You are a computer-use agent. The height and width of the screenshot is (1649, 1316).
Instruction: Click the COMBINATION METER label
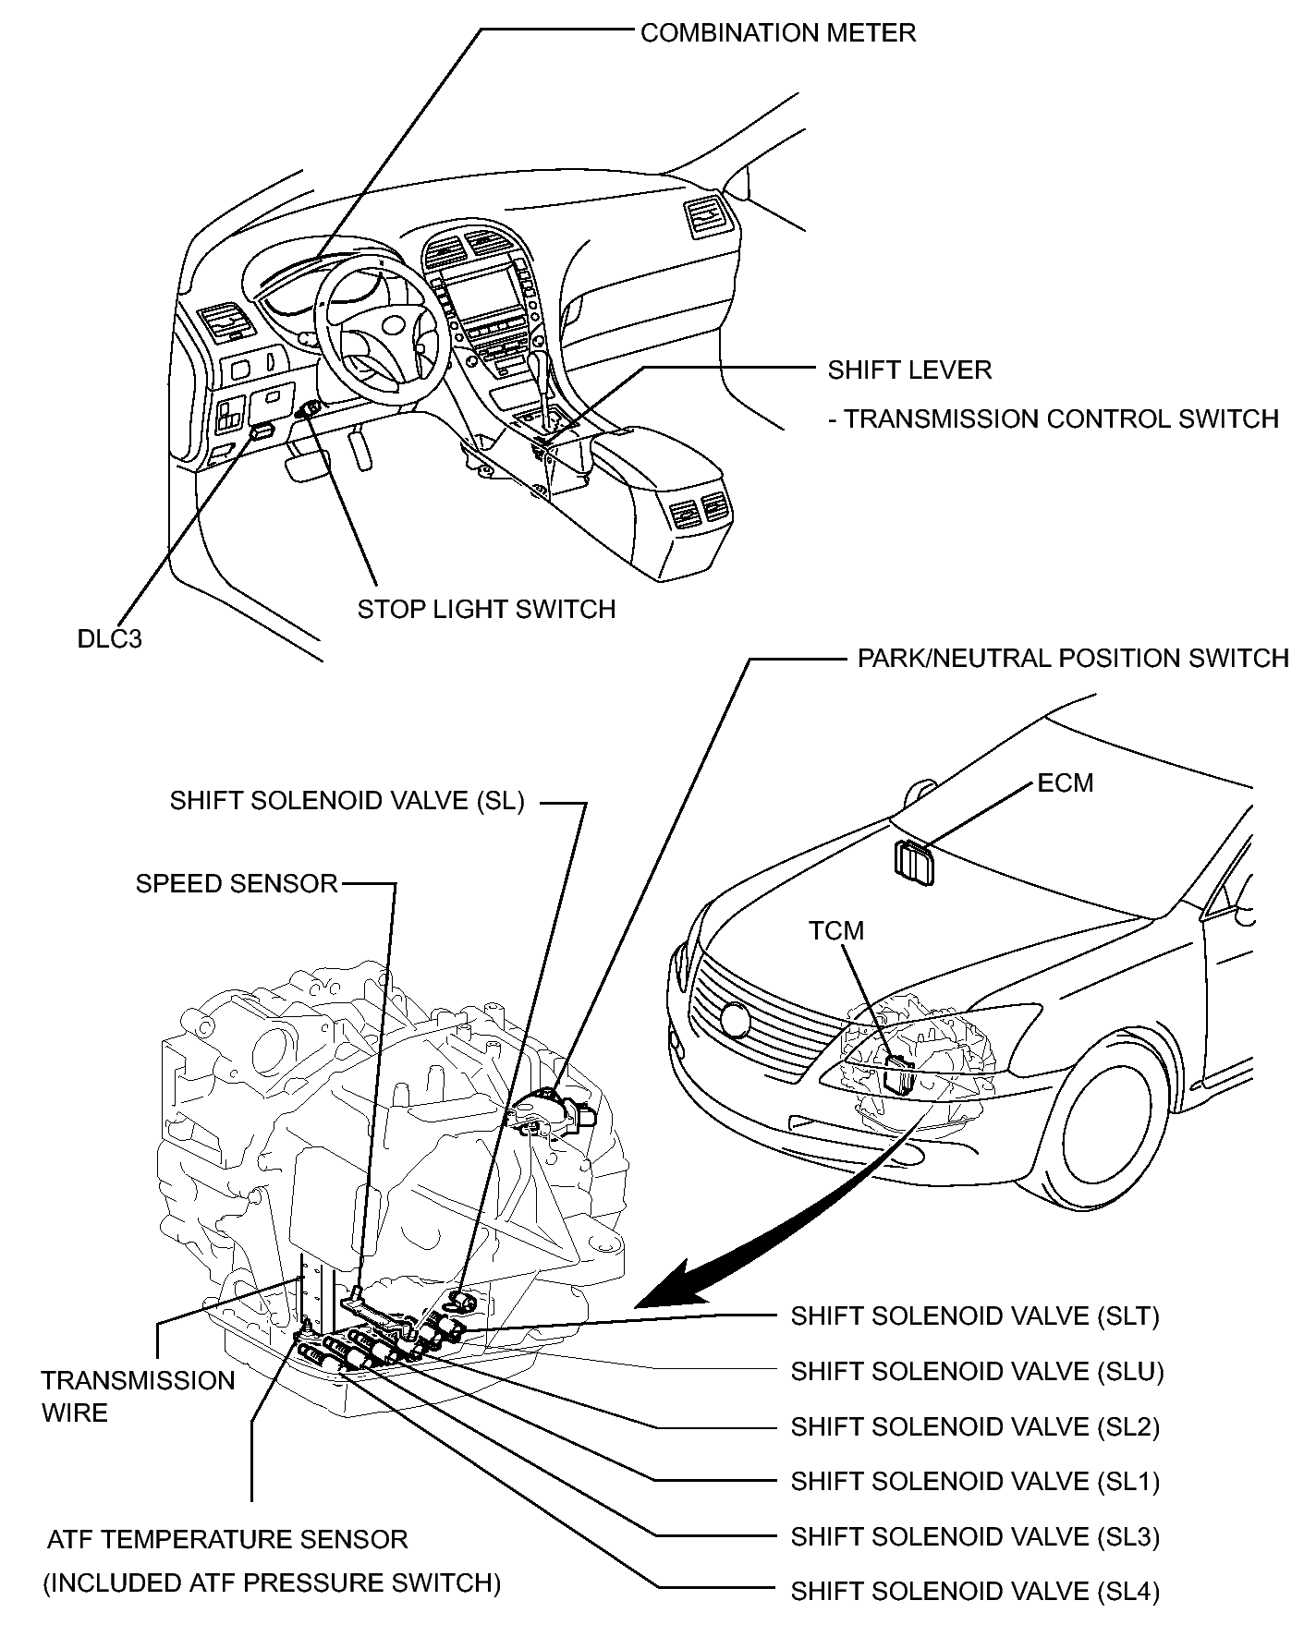pos(778,33)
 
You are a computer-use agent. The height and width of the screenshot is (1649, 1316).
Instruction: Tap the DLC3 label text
pos(110,638)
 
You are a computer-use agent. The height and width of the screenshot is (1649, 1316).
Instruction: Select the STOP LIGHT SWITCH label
pos(486,610)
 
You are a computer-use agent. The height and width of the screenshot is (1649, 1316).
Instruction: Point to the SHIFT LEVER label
pos(909,370)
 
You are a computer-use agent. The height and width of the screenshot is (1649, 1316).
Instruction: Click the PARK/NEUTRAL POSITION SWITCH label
pos(1073,659)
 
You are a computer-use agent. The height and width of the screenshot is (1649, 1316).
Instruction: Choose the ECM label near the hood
pos(1066,783)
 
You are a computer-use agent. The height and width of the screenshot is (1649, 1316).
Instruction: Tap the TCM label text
pos(836,930)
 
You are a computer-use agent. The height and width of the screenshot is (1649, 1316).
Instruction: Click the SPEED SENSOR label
pos(238,883)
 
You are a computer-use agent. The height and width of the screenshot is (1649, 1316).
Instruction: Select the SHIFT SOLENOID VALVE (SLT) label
pos(975,1316)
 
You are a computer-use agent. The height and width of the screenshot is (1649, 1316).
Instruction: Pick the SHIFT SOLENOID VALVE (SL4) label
pos(975,1592)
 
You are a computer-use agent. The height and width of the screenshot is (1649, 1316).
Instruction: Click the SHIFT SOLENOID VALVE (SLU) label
pos(977,1371)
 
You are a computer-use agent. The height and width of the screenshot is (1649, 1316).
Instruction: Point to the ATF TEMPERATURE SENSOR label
pos(227,1540)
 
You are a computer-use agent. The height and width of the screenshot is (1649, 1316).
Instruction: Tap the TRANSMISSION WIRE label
pos(139,1397)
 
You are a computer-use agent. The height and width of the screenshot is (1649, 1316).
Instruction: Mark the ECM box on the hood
pos(913,863)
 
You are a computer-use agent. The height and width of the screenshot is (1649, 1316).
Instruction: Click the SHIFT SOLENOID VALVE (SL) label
pos(347,801)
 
